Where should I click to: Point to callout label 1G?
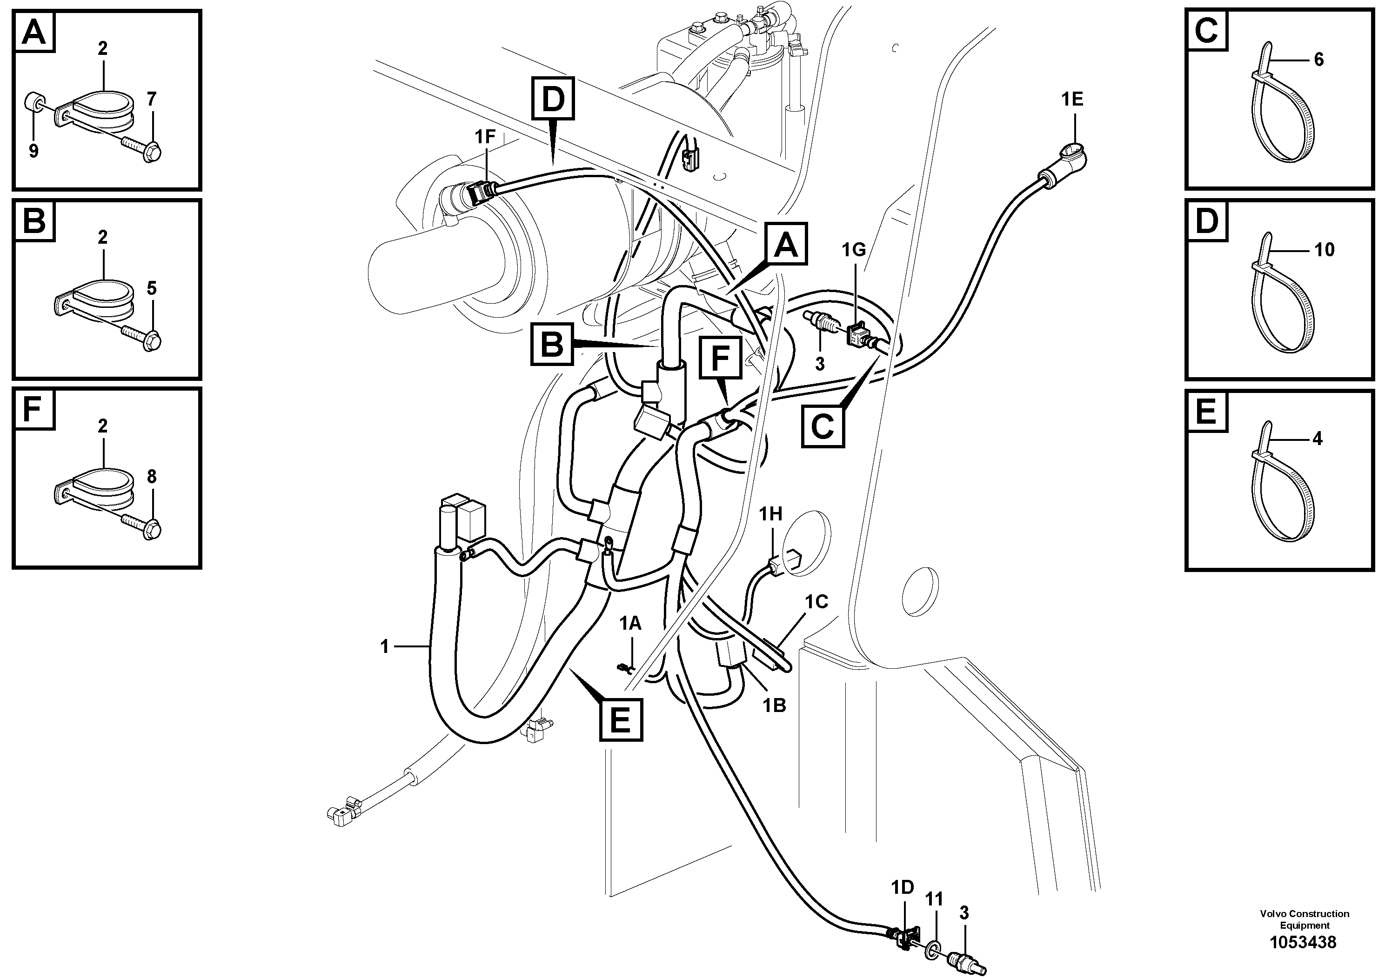854,250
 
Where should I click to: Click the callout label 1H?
770,514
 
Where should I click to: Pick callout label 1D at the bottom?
903,888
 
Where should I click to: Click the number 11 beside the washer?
934,899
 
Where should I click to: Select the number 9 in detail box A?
34,151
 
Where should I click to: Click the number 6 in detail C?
1318,60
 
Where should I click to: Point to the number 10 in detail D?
1324,250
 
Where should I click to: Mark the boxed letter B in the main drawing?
551,344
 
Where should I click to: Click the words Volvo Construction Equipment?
1304,919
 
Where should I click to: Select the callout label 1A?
631,624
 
